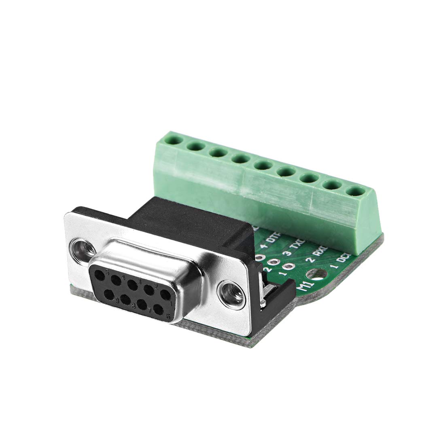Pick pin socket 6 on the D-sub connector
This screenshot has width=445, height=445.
[x=159, y=311]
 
